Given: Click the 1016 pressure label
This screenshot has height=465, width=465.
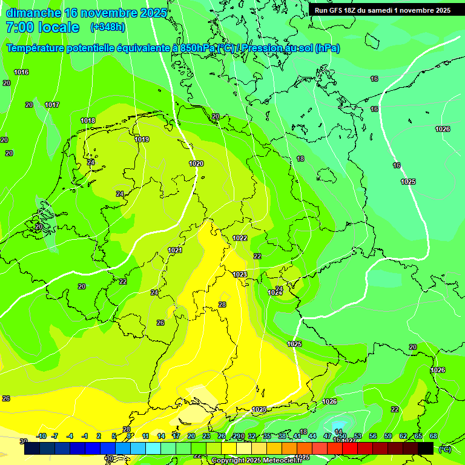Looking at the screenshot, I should (x=21, y=72).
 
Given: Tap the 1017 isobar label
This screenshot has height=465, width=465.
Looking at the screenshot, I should (x=52, y=105).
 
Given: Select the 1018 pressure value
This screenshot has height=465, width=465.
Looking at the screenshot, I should (x=88, y=120).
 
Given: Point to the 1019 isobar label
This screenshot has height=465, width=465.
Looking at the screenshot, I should (x=142, y=139).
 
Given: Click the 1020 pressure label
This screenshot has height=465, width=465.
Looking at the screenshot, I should (x=196, y=163).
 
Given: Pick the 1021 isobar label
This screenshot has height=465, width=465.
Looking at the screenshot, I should (x=175, y=250).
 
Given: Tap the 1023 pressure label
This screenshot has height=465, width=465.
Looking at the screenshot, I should (x=240, y=274).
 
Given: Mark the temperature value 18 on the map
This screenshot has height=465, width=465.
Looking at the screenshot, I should (x=301, y=159).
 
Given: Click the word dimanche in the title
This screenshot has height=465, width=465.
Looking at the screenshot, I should (x=33, y=13).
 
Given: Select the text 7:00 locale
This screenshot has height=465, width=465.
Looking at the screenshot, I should (x=42, y=27).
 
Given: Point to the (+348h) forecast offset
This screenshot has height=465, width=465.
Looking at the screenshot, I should (x=108, y=27).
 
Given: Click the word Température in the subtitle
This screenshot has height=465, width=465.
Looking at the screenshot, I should (x=42, y=48).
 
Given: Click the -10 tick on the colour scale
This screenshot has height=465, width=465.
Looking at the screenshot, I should (x=41, y=436).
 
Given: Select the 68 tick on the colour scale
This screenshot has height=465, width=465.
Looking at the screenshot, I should (x=434, y=436).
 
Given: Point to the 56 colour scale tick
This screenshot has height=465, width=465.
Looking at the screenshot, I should (x=373, y=436).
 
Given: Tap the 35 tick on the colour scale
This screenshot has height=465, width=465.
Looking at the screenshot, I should (x=267, y=436).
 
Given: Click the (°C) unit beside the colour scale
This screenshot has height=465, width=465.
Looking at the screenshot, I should (x=444, y=449).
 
